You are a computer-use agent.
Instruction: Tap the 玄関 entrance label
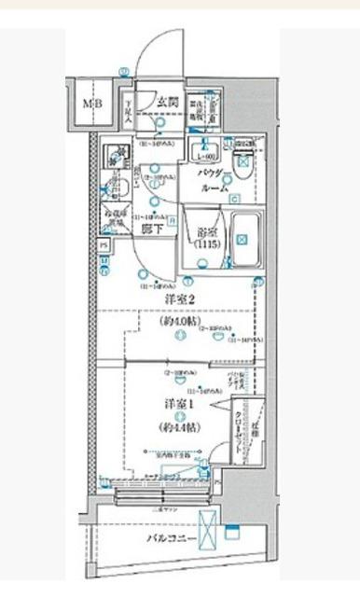pyautogui.click(x=168, y=103)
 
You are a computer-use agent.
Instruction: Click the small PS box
pyautogui.click(x=103, y=245)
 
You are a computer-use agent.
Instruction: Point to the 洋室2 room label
pyautogui.click(x=179, y=299)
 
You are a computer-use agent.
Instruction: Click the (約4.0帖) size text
pyautogui.click(x=179, y=321)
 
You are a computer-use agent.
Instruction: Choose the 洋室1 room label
pyautogui.click(x=179, y=405)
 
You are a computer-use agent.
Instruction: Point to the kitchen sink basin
pyautogui.click(x=116, y=154)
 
